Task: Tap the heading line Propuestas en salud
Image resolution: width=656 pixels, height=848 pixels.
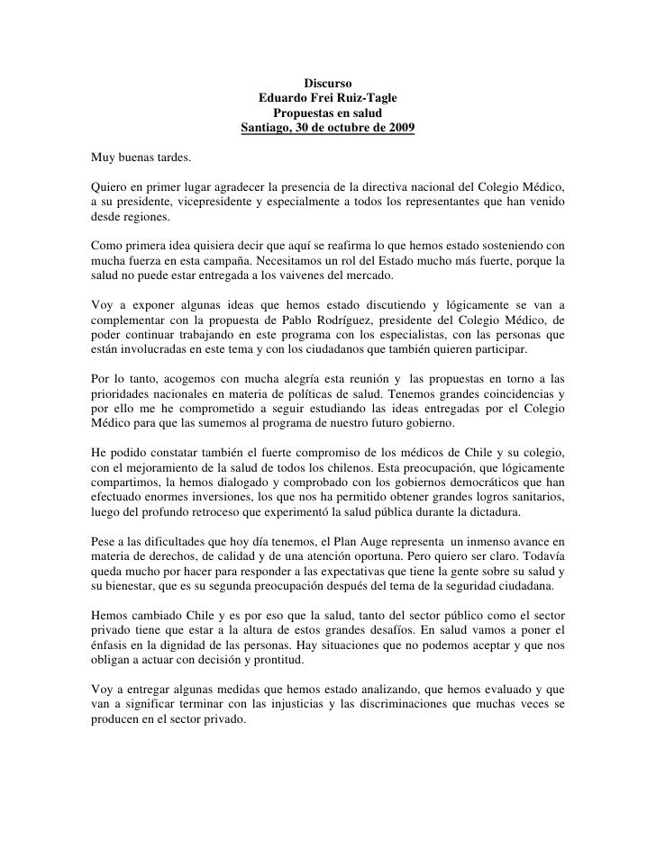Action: pos(327,113)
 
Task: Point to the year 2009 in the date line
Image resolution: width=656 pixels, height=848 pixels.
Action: pos(400,128)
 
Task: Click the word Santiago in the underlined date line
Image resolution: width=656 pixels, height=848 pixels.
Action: pos(268,128)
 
